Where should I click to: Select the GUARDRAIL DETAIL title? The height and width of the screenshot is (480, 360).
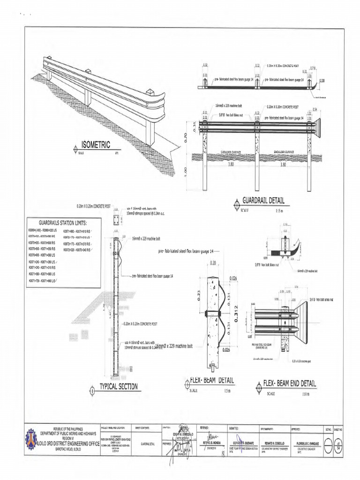[263, 201]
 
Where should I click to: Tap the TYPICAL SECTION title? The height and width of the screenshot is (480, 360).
[118, 386]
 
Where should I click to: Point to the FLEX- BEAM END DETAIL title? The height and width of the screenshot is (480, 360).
[290, 383]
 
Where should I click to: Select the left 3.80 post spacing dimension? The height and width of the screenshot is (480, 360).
[230, 165]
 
